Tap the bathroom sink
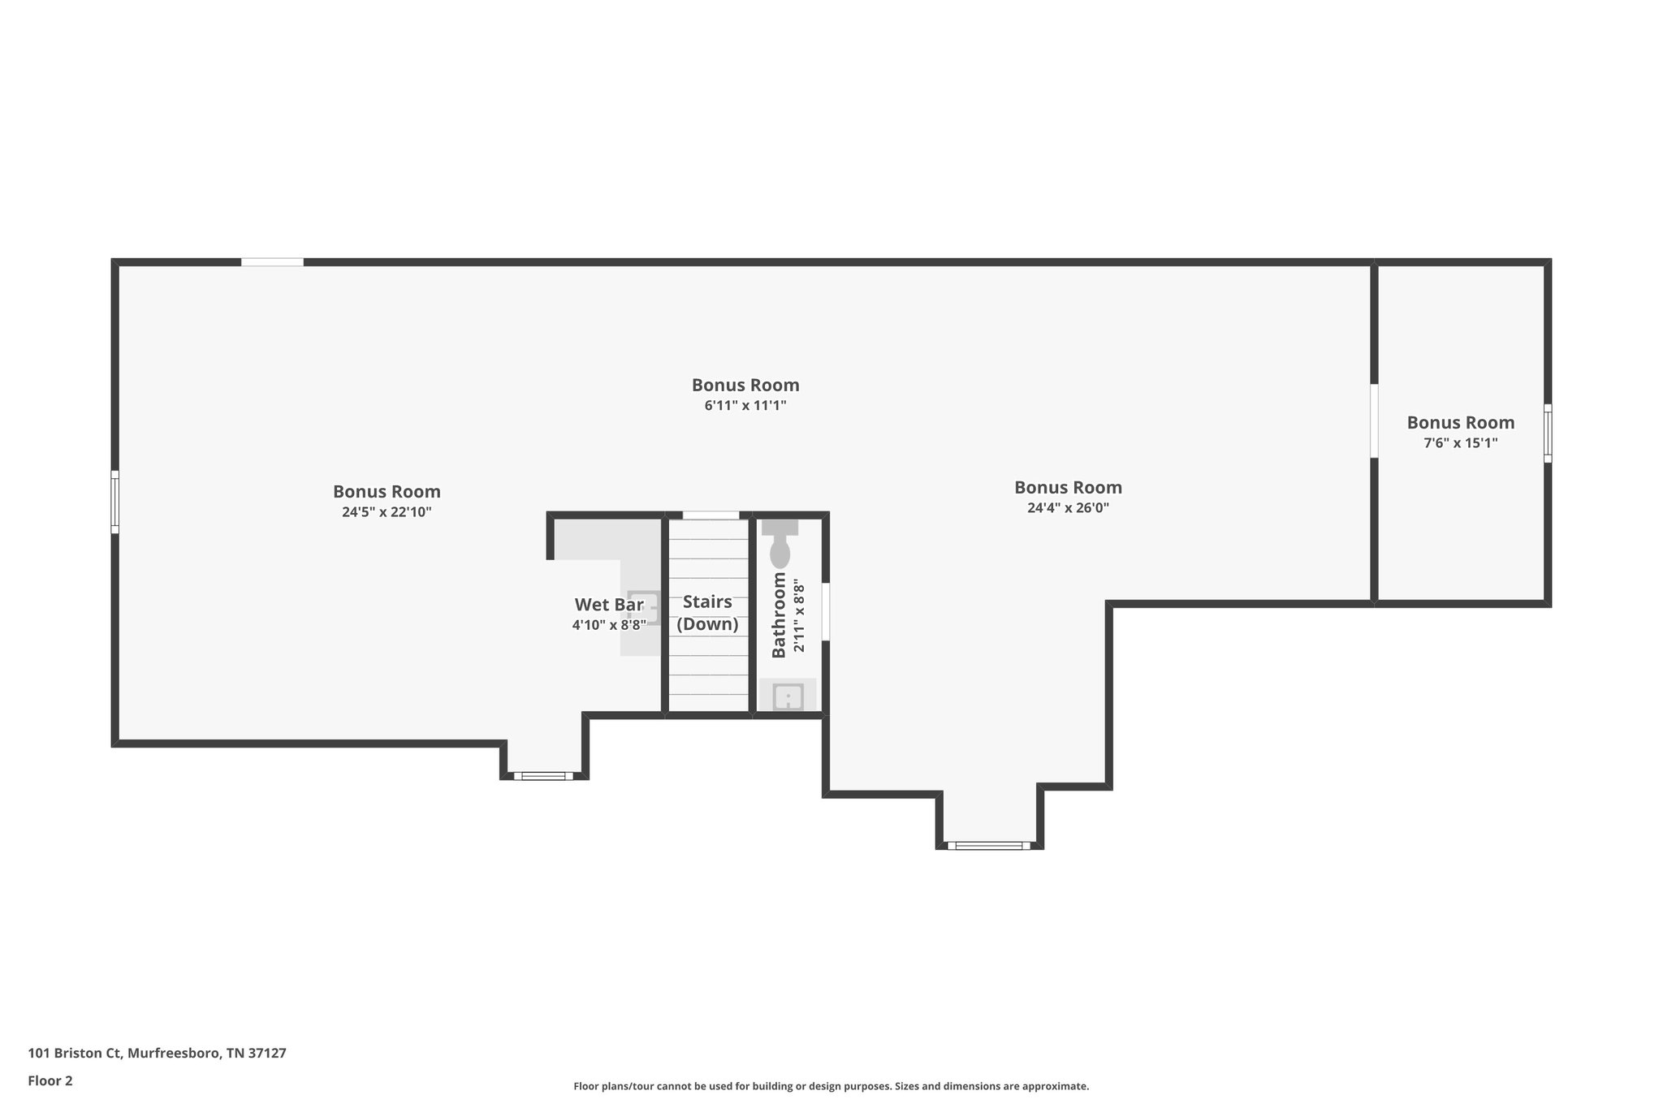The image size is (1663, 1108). tap(788, 696)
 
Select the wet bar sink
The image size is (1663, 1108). tap(644, 607)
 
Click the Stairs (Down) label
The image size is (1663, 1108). tap(707, 613)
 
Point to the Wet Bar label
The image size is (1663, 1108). tap(609, 605)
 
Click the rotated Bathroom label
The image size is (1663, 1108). tap(779, 614)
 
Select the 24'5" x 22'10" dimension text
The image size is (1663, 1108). tap(387, 512)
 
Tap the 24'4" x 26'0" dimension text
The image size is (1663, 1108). tap(1068, 508)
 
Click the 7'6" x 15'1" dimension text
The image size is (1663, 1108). tap(1460, 443)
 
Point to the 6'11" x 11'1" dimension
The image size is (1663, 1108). tap(745, 405)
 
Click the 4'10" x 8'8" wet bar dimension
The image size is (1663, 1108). tap(609, 625)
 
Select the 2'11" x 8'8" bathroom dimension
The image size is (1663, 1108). tap(799, 618)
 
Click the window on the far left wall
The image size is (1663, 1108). tap(115, 502)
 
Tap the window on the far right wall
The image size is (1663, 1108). tap(1547, 433)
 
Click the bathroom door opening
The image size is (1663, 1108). tap(826, 611)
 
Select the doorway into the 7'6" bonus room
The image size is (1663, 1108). tap(1374, 420)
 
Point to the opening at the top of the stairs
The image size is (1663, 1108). tap(711, 515)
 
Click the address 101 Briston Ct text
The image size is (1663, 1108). tap(157, 1054)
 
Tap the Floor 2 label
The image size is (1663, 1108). tap(50, 1080)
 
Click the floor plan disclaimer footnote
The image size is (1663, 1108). tap(831, 1086)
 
